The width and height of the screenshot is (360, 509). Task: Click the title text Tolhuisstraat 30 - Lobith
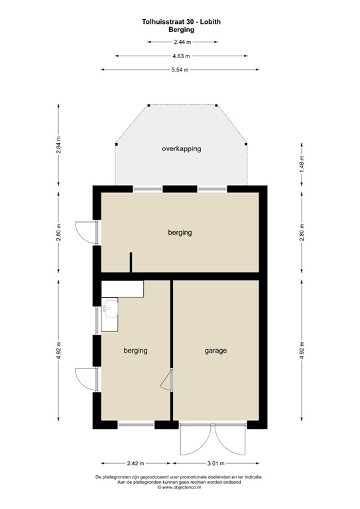[181, 22]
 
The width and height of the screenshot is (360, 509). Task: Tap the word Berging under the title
[181, 30]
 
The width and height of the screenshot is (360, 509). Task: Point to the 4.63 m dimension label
[181, 56]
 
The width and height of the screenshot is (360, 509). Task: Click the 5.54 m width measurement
[180, 70]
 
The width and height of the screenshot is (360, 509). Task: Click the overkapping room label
[181, 148]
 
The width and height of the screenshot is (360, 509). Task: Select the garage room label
[215, 351]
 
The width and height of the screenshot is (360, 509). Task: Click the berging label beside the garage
[135, 351]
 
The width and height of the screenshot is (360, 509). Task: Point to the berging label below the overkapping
[180, 233]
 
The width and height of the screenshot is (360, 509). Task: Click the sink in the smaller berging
[110, 308]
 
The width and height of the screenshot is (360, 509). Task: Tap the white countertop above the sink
[123, 288]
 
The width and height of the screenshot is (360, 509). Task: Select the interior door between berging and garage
[168, 381]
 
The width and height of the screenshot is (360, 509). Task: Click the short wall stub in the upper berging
[131, 262]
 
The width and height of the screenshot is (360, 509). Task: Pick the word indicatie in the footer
[251, 477]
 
